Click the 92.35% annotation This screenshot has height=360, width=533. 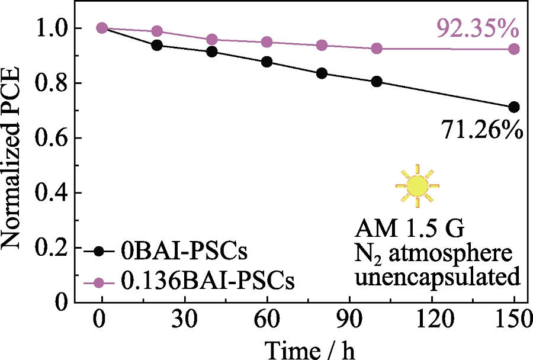pyautogui.click(x=477, y=28)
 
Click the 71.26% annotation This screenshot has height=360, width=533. pyautogui.click(x=481, y=128)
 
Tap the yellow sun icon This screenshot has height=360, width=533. pyautogui.click(x=418, y=185)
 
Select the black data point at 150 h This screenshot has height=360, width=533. pyautogui.click(x=514, y=107)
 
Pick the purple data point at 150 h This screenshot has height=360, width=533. pyautogui.click(x=514, y=49)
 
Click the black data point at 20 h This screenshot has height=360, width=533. pyautogui.click(x=157, y=46)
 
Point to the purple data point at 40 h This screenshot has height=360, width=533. pyautogui.click(x=212, y=40)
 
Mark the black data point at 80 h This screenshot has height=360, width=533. pyautogui.click(x=322, y=73)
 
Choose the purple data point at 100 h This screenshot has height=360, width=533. pyautogui.click(x=377, y=49)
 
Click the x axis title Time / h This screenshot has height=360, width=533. pyautogui.click(x=310, y=349)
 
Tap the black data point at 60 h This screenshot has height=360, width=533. pyautogui.click(x=266, y=62)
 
